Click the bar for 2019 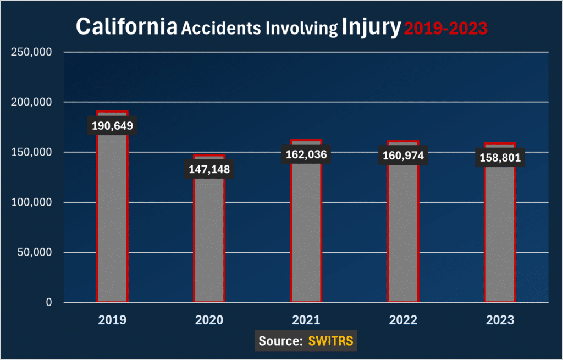click(x=112, y=220)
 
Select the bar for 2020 click(x=209, y=236)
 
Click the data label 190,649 click(x=112, y=126)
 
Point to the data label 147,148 click(x=209, y=169)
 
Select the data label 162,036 click(x=306, y=155)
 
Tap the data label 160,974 click(x=403, y=156)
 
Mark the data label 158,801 click(x=500, y=158)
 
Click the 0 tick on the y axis click(x=48, y=302)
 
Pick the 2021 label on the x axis click(x=306, y=320)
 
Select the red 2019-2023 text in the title click(x=445, y=27)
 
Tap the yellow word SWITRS click(x=332, y=341)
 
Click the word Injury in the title click(x=371, y=27)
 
